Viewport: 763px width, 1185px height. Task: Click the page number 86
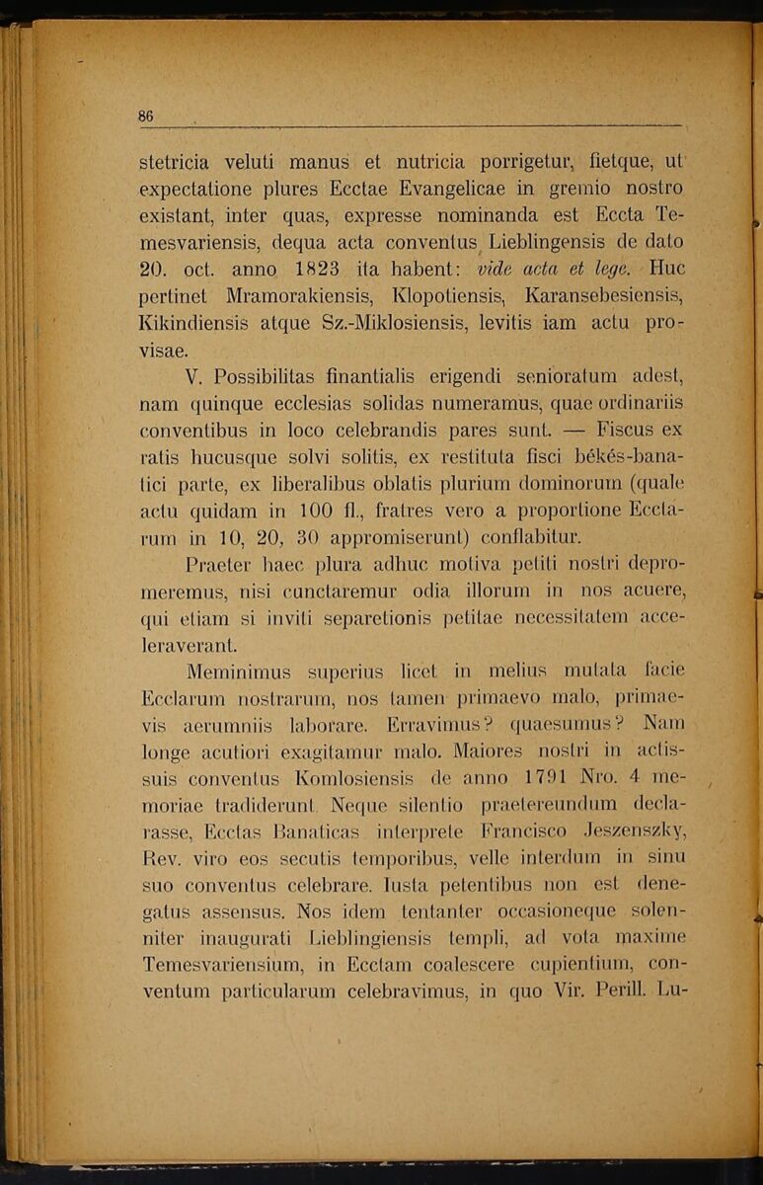pos(146,116)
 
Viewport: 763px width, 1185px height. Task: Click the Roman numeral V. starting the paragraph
pos(194,376)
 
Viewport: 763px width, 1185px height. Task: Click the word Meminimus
pos(238,673)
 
